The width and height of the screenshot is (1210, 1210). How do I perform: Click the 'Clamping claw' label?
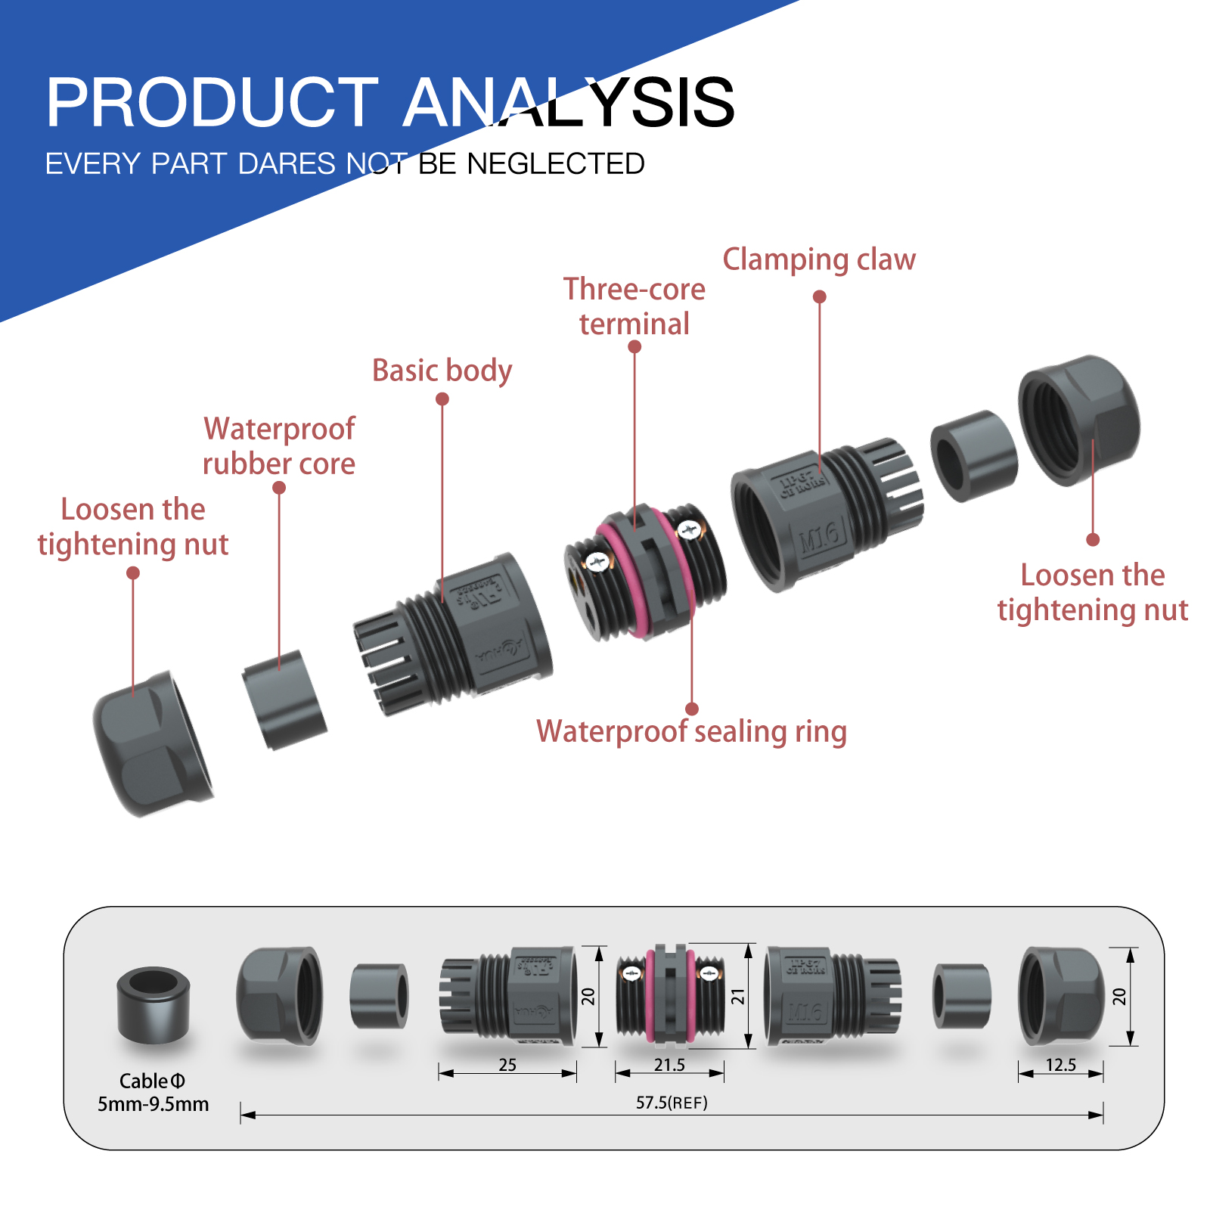[819, 259]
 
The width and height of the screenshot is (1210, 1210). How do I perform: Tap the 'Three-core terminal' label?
[634, 306]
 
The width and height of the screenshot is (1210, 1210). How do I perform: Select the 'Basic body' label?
[442, 371]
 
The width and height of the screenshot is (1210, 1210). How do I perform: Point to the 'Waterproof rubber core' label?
[279, 446]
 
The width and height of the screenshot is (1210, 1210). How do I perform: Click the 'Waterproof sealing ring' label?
[691, 732]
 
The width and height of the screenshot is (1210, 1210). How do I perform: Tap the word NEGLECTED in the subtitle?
[555, 164]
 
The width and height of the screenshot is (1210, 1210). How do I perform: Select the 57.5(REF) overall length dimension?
[672, 1103]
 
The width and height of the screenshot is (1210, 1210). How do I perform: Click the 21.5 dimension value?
[669, 1065]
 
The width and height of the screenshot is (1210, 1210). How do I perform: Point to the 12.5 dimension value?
[1060, 1065]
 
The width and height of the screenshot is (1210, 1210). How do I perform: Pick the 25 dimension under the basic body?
[507, 1065]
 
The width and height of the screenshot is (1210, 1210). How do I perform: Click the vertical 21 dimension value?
[738, 997]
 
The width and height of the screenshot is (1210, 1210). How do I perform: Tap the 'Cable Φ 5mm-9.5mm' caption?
[153, 1093]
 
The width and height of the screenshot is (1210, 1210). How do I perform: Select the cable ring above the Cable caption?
[154, 1004]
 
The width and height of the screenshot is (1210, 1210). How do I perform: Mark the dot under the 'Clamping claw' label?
[819, 297]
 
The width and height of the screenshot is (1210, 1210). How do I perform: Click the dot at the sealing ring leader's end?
[691, 709]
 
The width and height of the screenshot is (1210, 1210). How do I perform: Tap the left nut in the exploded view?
[151, 745]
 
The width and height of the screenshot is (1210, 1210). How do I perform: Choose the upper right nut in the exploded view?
[1078, 420]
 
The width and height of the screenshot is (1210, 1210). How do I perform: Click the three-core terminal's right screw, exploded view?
[688, 530]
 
